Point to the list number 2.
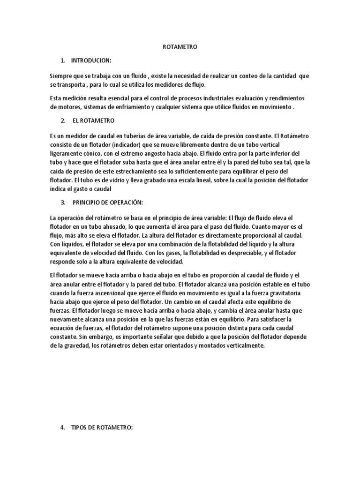click(62, 121)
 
